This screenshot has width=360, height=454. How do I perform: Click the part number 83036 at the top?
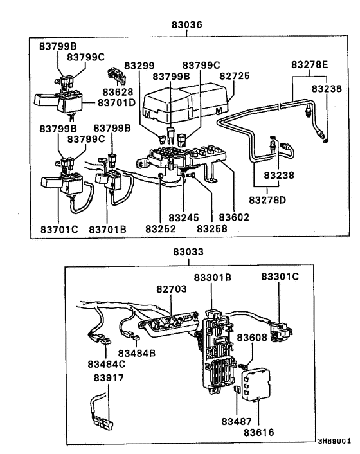[186, 26]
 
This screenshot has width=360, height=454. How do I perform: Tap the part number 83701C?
[58, 228]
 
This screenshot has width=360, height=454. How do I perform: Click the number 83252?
[160, 228]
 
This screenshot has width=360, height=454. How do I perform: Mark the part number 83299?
[139, 66]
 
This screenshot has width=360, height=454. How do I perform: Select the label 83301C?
[280, 277]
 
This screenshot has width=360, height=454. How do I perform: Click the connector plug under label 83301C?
[280, 329]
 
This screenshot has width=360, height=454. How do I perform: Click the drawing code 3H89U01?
[334, 442]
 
